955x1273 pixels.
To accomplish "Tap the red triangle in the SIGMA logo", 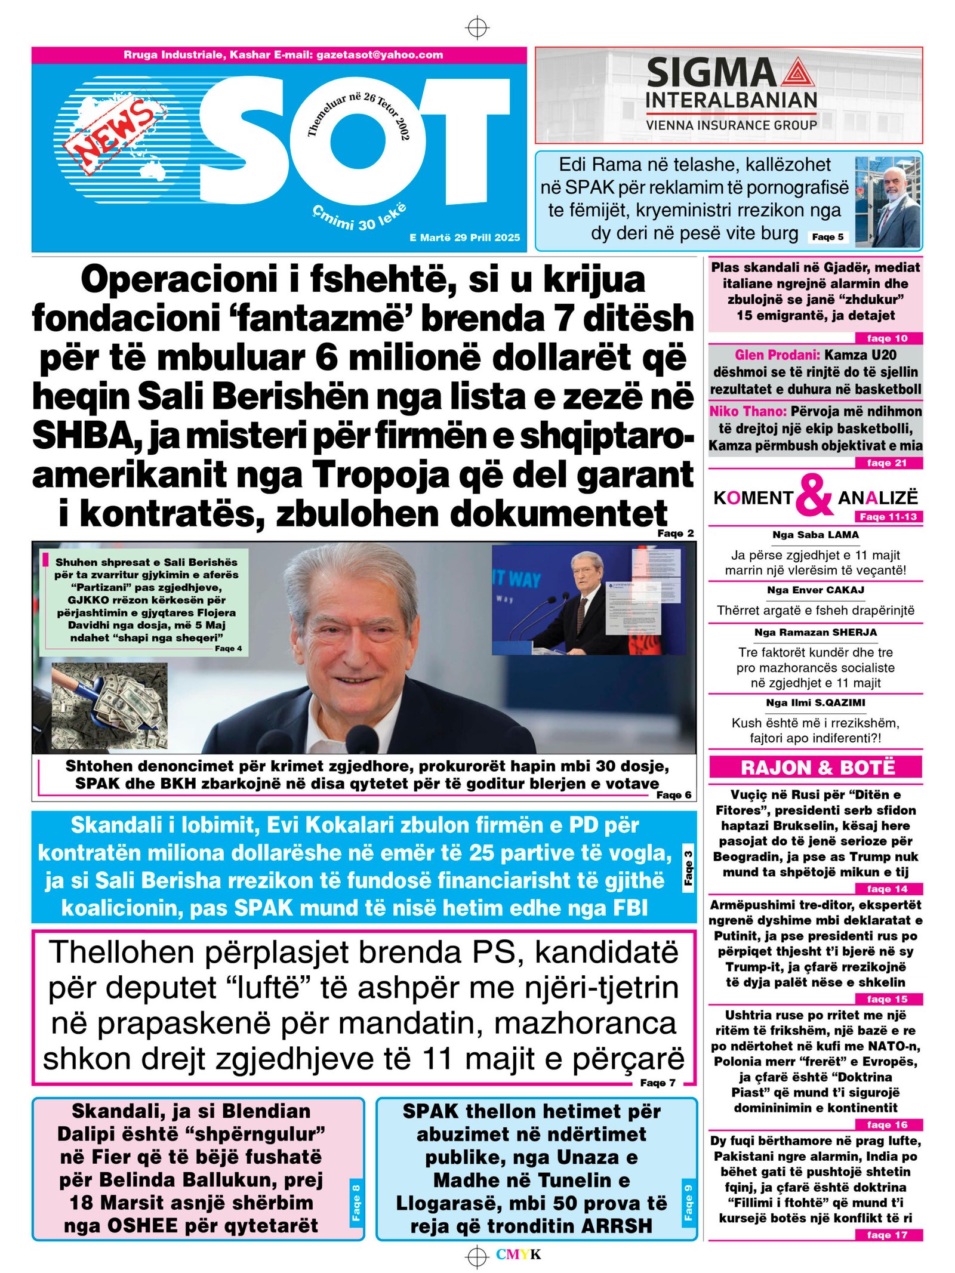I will [797, 73].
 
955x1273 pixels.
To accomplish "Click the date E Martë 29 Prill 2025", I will [464, 238].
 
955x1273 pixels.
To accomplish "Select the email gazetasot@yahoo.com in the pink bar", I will [380, 55].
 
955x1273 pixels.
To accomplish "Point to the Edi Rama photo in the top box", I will [887, 202].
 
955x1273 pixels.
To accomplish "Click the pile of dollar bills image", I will [109, 705].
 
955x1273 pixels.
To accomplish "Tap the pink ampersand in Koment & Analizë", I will [814, 495].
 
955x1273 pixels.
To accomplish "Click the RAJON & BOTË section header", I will [817, 767].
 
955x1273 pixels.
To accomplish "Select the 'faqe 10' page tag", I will [886, 338].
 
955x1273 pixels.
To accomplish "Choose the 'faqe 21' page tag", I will [886, 463].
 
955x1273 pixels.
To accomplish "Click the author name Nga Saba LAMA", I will [815, 535].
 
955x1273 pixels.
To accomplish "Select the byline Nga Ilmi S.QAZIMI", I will [815, 702].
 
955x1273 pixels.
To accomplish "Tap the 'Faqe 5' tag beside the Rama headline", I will [828, 237].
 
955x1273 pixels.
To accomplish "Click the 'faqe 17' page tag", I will [886, 1235].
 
